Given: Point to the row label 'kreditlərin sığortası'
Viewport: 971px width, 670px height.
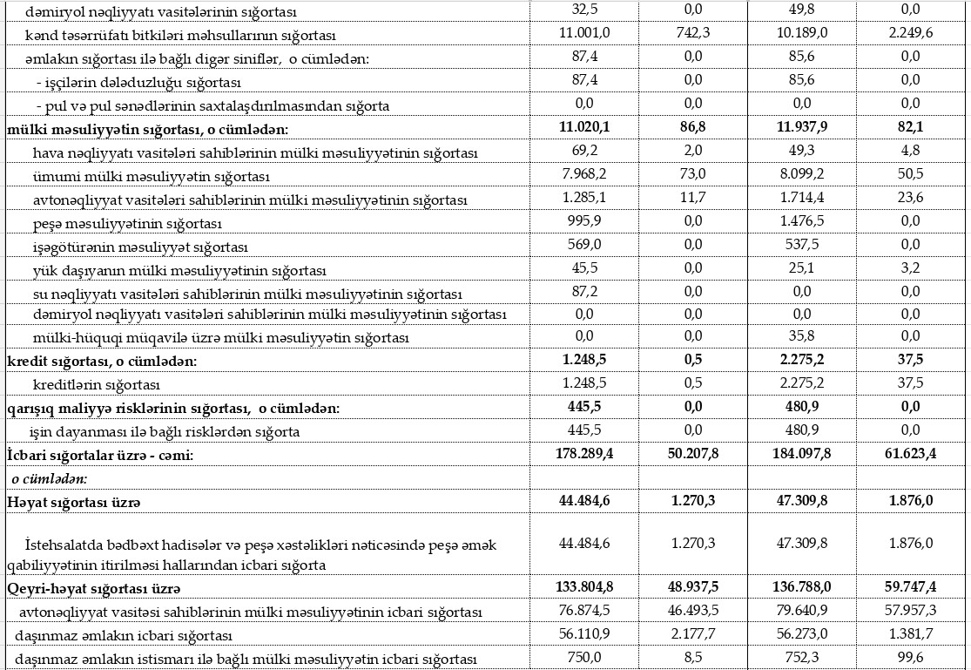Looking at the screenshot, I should (x=96, y=384).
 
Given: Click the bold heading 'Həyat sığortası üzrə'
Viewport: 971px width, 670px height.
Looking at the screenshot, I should (x=74, y=503).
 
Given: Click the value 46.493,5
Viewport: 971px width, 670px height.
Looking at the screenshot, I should (x=694, y=612).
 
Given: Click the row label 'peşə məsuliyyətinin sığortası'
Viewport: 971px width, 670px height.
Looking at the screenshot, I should (x=118, y=224).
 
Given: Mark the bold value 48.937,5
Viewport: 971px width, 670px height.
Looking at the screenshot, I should (x=694, y=588).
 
